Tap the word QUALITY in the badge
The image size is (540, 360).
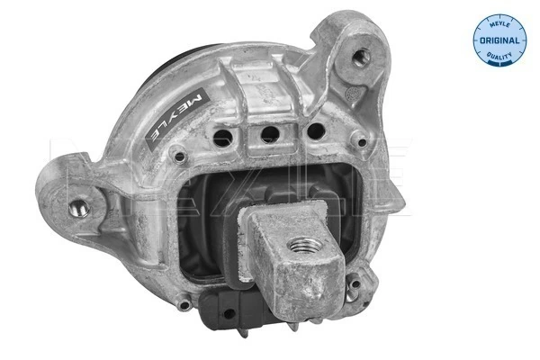pos(500,56)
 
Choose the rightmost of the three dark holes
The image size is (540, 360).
pos(315,130)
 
